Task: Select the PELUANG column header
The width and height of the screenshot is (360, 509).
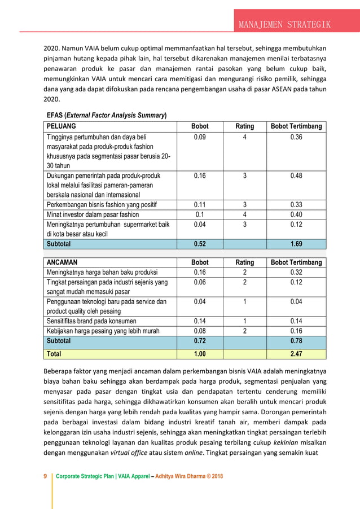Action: pos(62,126)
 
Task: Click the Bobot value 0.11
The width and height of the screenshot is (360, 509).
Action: pos(200,204)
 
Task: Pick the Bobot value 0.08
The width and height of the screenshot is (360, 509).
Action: pos(200,331)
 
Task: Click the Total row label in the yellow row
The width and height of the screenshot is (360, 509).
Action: pos(54,354)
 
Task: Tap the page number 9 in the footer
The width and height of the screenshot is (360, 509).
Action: pos(45,476)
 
